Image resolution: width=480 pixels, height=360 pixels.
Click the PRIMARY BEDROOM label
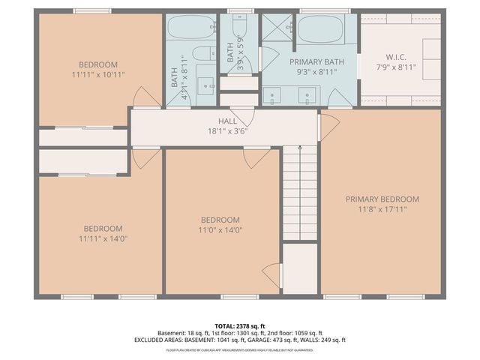pyautogui.click(x=382, y=199)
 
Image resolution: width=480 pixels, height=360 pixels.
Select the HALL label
pyautogui.click(x=227, y=121)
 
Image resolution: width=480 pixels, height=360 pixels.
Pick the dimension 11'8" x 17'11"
pyautogui.click(x=382, y=210)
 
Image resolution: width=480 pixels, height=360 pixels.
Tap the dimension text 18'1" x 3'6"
pyautogui.click(x=227, y=130)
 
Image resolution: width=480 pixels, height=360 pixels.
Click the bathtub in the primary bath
pyautogui.click(x=321, y=30)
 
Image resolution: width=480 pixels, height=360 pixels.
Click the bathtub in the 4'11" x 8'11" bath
pyautogui.click(x=190, y=28)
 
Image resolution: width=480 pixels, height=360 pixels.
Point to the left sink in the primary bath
pyautogui.click(x=271, y=94)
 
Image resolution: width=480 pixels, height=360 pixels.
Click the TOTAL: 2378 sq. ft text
pyautogui.click(x=240, y=325)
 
